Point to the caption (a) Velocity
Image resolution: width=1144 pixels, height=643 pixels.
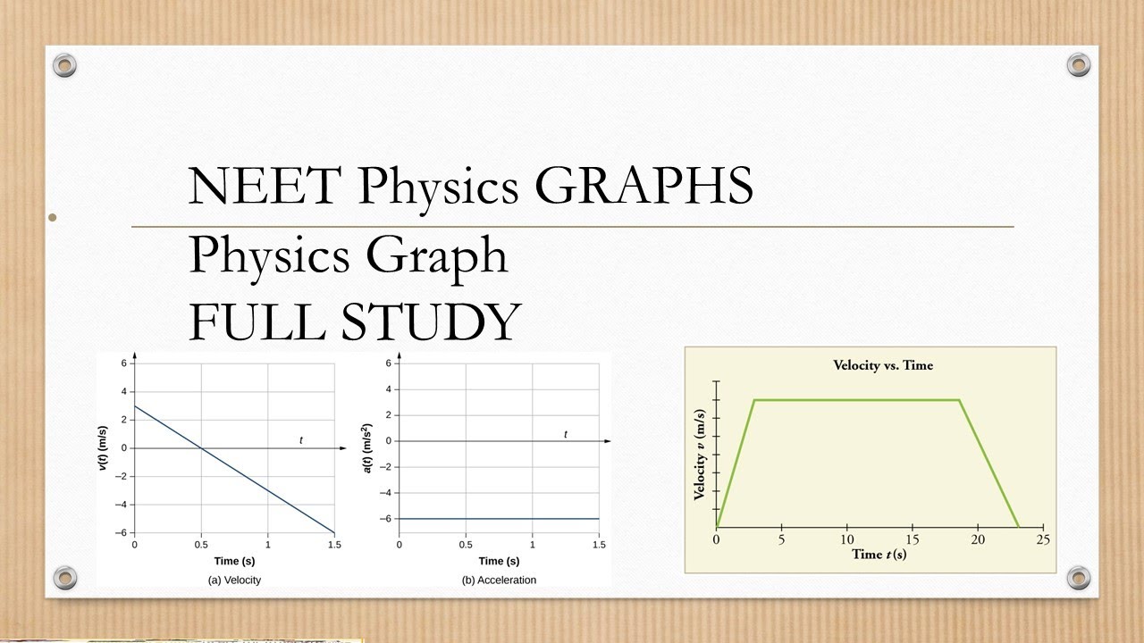click(x=234, y=580)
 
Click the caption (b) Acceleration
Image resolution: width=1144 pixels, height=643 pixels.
click(x=499, y=580)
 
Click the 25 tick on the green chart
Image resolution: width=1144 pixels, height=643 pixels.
click(x=1042, y=539)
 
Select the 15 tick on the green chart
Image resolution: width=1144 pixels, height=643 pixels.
click(x=912, y=539)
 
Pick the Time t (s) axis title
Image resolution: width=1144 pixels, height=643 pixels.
click(x=879, y=555)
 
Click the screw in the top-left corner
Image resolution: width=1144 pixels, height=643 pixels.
click(x=64, y=64)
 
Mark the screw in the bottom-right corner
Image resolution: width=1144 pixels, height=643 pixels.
click(x=1079, y=576)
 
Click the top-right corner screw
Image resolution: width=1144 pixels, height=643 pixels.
click(x=1079, y=64)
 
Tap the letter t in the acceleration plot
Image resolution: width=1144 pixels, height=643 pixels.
click(x=566, y=434)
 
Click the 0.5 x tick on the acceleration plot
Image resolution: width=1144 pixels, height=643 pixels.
click(x=466, y=545)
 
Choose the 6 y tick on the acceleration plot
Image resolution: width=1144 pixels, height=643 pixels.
click(x=389, y=363)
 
